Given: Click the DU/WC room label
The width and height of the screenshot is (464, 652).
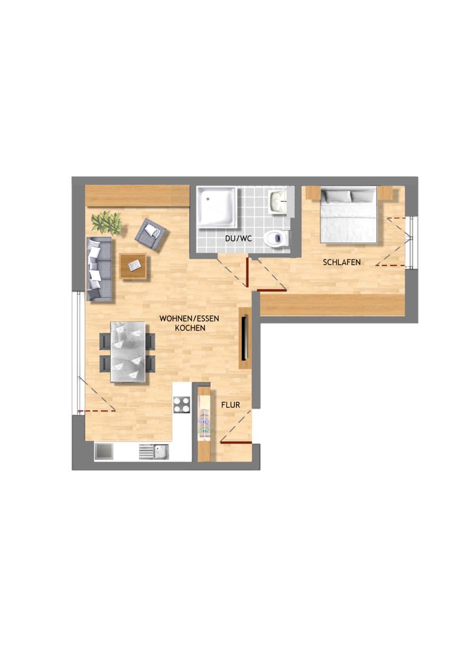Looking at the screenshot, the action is (238, 239).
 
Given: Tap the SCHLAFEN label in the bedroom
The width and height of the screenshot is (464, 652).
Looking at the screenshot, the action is (342, 262).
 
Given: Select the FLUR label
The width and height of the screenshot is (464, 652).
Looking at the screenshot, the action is (230, 405).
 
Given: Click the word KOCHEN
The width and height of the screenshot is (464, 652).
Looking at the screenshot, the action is (190, 328).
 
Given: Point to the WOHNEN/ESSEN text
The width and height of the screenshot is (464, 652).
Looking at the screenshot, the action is (189, 318).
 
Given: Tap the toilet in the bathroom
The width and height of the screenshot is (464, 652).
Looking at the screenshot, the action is (277, 239).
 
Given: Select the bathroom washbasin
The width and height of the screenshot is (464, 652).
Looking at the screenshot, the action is (278, 202).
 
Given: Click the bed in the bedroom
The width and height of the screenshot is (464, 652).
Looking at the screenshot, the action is (349, 215).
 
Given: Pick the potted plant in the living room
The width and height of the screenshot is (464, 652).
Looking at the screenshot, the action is (107, 222).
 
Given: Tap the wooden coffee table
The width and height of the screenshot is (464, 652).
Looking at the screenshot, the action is (133, 266).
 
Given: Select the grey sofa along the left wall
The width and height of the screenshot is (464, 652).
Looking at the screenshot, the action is (99, 269).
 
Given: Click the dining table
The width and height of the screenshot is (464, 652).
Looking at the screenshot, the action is (128, 352).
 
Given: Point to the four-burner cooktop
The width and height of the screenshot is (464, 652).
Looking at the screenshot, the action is (182, 405).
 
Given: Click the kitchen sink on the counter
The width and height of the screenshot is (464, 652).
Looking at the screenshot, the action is (154, 452).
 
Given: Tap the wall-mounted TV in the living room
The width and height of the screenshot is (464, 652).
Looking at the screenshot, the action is (245, 338).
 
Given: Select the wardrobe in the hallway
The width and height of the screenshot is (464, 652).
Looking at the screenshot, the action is (204, 424).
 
